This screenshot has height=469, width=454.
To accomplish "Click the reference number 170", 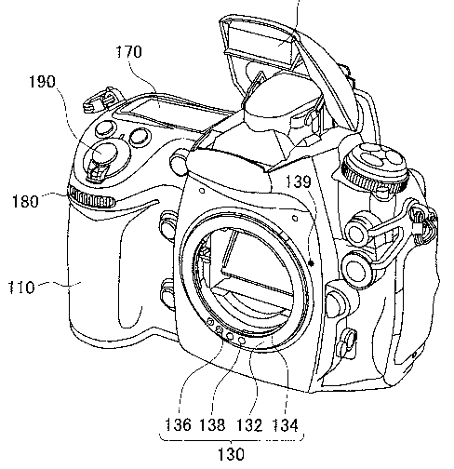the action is tap(129, 51).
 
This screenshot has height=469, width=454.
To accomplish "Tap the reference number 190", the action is tap(42, 82).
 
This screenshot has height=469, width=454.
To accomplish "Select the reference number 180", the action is tap(25, 201).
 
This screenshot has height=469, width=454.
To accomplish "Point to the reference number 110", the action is tap(21, 288).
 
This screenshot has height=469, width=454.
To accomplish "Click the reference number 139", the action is tap(298, 181).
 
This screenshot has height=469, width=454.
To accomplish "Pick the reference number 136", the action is tap(178, 424).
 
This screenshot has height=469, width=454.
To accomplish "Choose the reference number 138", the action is tap(212, 424).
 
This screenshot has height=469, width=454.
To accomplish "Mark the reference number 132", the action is tap(249, 424).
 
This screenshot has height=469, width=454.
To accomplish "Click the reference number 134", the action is tap(285, 424).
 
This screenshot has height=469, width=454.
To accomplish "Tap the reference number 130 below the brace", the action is tap(231, 455).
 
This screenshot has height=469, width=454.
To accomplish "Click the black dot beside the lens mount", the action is tap(312, 263).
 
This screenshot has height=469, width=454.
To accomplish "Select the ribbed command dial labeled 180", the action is tap(91, 198).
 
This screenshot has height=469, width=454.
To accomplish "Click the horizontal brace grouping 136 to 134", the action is tap(232, 438).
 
